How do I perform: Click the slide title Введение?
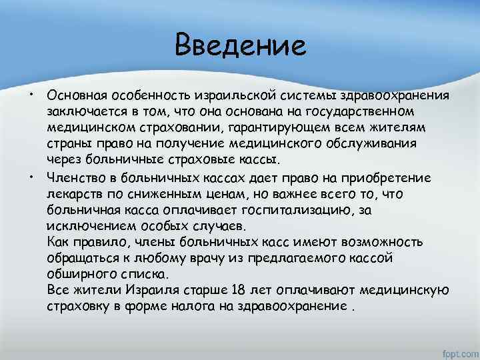(x=240, y=46)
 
